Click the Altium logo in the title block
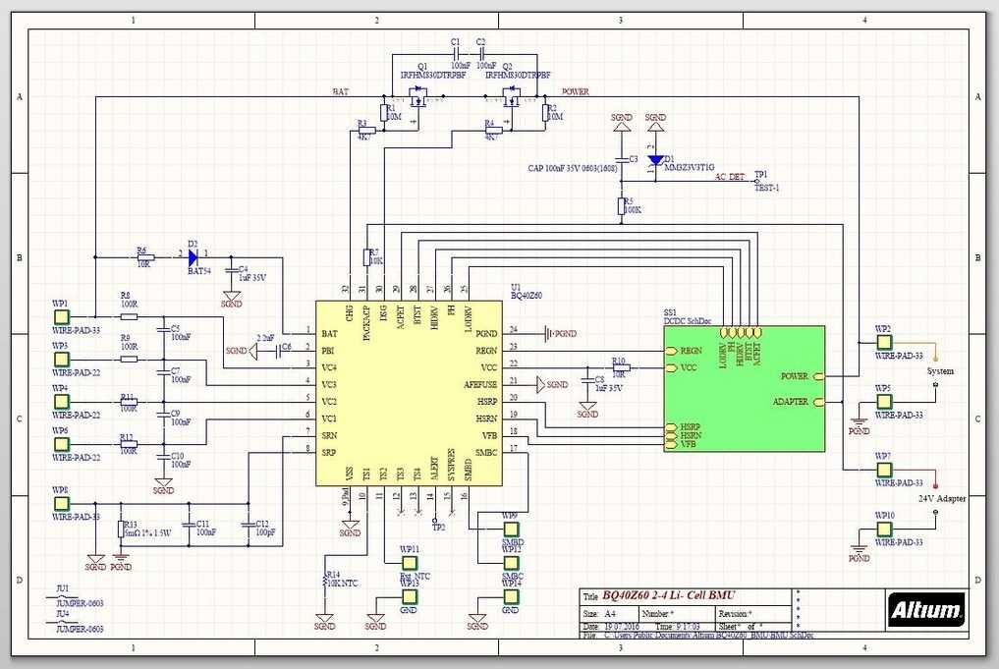pyautogui.click(x=925, y=611)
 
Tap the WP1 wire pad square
pyautogui.click(x=61, y=317)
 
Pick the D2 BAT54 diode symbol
pyautogui.click(x=193, y=256)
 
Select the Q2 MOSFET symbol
pyautogui.click(x=510, y=97)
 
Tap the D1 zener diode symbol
pyautogui.click(x=655, y=159)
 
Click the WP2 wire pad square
pyautogui.click(x=884, y=342)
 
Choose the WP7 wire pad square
pyautogui.click(x=884, y=471)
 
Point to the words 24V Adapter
pyautogui.click(x=942, y=498)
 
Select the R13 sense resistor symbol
pyautogui.click(x=121, y=530)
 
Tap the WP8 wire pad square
pyautogui.click(x=61, y=504)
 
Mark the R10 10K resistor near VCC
pyautogui.click(x=620, y=368)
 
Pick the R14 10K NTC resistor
pyautogui.click(x=326, y=582)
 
